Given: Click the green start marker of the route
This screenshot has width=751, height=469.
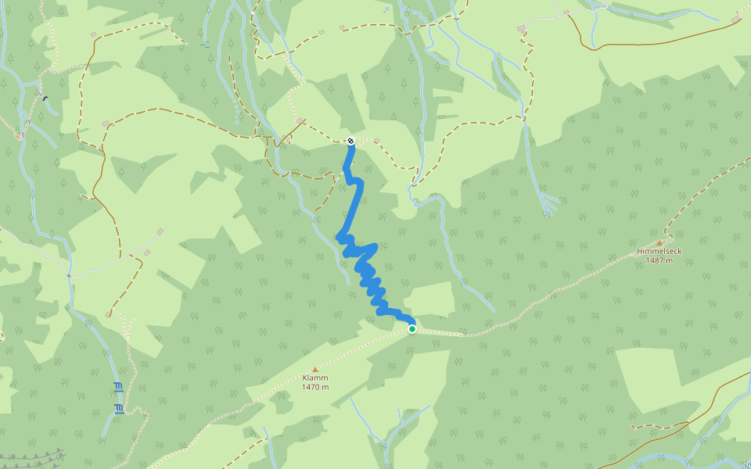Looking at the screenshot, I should [x=412, y=329].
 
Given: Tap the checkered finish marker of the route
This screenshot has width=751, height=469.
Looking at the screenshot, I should [x=350, y=141].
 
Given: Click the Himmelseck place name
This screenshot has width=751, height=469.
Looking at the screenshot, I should [x=659, y=251].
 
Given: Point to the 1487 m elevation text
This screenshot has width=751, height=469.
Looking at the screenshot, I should [x=659, y=260].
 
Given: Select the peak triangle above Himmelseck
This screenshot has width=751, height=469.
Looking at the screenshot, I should [x=659, y=242].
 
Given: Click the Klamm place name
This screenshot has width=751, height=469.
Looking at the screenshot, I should [x=315, y=378].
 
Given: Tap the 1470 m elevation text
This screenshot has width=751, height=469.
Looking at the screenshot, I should [x=315, y=387].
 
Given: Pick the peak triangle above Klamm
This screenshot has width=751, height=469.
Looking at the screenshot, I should [x=315, y=369].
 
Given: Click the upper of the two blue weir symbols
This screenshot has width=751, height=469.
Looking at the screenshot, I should [x=118, y=386].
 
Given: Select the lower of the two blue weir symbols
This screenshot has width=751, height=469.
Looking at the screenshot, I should [x=119, y=408].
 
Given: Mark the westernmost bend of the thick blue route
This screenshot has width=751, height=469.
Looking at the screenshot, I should [x=339, y=236].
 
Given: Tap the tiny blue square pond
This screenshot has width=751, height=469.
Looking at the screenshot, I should [x=386, y=10].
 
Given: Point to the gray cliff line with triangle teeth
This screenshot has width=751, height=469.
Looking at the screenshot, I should [x=31, y=456].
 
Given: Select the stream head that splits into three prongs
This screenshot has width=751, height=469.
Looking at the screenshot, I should [x=550, y=205].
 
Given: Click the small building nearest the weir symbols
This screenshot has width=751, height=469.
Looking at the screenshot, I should [x=107, y=314].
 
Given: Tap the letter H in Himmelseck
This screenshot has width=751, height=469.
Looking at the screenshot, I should [x=639, y=251].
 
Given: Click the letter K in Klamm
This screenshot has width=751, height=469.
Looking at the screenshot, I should [x=305, y=378].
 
